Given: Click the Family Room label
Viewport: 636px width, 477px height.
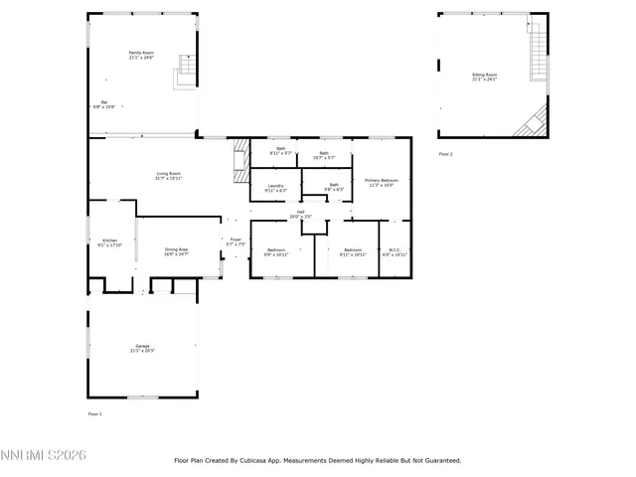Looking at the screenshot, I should [x=141, y=55].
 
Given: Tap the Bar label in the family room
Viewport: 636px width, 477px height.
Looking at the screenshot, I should [x=104, y=104].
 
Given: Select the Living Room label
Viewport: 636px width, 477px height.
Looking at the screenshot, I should [x=168, y=176].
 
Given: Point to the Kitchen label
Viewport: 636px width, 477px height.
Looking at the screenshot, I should [x=110, y=241].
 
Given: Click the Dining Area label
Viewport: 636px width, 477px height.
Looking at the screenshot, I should [x=176, y=251].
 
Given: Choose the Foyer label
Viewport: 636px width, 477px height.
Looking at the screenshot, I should [x=236, y=241].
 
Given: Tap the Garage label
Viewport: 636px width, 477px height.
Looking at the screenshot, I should [x=143, y=348].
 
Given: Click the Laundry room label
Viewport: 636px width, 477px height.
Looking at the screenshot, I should [x=275, y=187].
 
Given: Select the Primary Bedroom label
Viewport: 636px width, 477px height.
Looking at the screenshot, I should [x=382, y=182].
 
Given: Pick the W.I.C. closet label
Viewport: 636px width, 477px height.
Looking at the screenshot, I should [x=395, y=252].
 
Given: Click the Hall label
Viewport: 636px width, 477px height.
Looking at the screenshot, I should [x=300, y=213].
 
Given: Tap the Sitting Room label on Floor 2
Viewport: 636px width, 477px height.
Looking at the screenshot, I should [x=484, y=77].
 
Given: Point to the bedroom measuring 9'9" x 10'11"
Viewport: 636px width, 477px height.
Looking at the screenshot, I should [x=275, y=252].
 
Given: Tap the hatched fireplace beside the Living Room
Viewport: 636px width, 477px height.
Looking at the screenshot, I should [x=238, y=161].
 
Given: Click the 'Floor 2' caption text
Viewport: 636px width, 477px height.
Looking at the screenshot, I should [x=445, y=154].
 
